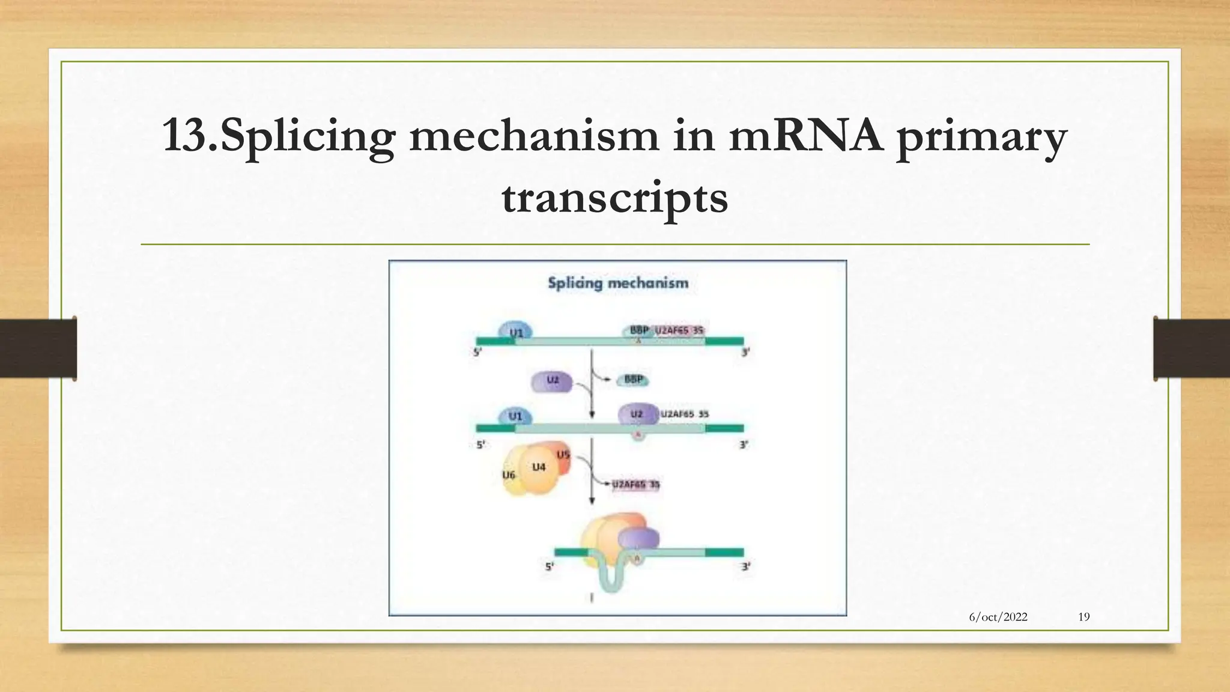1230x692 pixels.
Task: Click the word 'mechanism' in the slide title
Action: pos(533,136)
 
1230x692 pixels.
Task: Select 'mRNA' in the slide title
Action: pos(806,136)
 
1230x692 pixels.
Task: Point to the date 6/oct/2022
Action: pos(998,617)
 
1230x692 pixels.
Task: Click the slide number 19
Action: pos(1083,617)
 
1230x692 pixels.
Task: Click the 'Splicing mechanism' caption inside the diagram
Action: pos(617,283)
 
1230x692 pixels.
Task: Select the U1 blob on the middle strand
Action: pos(515,416)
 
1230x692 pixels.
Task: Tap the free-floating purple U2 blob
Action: pos(552,381)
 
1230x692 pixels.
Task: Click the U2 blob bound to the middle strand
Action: pos(637,414)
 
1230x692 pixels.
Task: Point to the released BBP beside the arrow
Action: pos(634,380)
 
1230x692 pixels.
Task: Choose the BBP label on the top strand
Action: pos(638,330)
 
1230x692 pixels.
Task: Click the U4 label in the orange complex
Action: pos(539,467)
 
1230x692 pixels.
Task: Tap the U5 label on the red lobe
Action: pos(563,455)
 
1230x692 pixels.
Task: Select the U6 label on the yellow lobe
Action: pos(509,475)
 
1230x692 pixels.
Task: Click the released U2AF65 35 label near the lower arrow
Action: pos(636,485)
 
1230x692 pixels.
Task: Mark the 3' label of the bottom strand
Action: pos(745,566)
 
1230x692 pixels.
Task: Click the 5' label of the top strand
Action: pos(477,353)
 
